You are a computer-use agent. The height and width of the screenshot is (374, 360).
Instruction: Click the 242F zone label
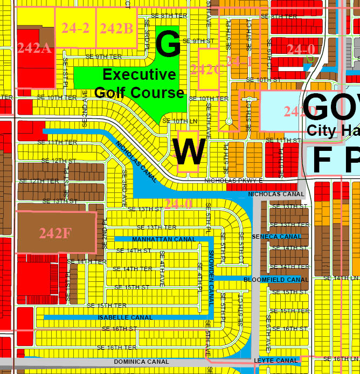coord(54,233)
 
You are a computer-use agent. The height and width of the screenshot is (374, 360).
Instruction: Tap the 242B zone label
coord(116,28)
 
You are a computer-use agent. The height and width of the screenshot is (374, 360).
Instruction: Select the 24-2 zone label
coord(75,28)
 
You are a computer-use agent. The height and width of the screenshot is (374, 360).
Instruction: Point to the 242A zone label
coord(34,48)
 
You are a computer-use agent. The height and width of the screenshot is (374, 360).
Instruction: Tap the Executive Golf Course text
coord(139,83)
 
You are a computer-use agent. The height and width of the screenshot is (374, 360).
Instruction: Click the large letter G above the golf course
coord(168,44)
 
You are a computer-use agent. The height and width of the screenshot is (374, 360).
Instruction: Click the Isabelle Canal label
coord(126,317)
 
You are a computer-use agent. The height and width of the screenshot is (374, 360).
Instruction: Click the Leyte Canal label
coord(275,361)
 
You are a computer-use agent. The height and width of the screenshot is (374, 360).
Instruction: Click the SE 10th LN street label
coord(176,121)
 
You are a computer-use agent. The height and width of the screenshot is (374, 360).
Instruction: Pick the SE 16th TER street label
coord(116,348)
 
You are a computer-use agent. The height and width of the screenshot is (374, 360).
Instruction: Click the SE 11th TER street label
coord(58,142)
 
